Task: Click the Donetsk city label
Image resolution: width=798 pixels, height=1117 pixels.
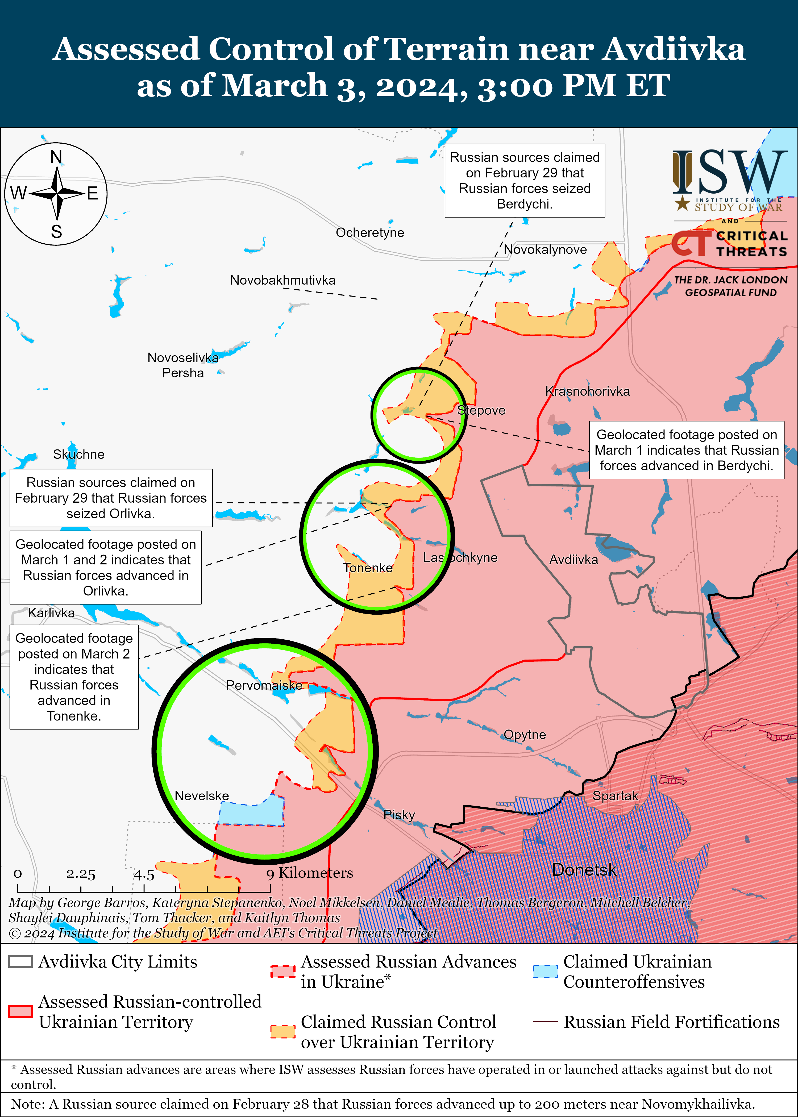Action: point(584,870)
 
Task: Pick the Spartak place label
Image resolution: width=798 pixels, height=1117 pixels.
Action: point(615,796)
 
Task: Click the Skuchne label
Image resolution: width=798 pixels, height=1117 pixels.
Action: point(79,454)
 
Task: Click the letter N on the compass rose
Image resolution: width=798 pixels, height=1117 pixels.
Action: point(56,157)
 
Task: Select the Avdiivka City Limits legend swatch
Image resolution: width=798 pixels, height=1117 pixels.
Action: point(21,961)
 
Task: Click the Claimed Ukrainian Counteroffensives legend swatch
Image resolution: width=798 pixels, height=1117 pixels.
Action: point(545,971)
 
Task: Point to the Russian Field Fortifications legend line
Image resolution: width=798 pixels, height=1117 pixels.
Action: point(545,1022)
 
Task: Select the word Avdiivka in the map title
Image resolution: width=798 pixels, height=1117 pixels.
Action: point(674,50)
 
